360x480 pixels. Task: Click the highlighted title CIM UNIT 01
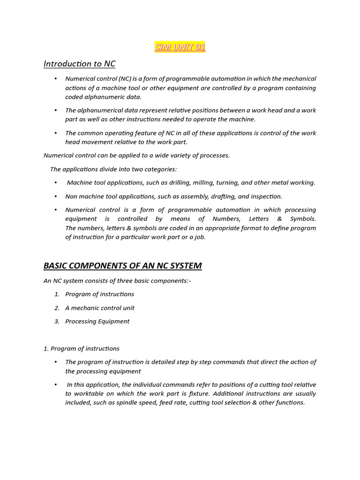tap(180, 47)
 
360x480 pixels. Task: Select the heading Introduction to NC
tap(79, 63)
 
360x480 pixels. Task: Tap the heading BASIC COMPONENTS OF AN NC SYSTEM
tap(122, 266)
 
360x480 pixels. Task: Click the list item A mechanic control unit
tap(100, 308)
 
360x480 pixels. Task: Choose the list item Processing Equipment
tap(97, 322)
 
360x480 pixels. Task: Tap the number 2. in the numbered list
tap(57, 308)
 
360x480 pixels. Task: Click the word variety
tap(181, 155)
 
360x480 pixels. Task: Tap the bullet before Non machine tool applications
tap(56, 196)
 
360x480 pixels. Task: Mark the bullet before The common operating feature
tap(56, 133)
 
